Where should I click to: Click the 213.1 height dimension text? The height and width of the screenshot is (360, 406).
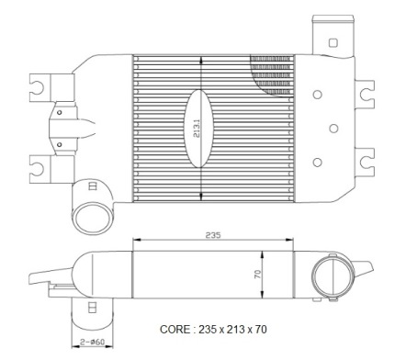tap(197, 128)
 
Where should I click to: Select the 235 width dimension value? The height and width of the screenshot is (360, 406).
tap(213, 235)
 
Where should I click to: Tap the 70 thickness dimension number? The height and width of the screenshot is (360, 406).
tap(258, 274)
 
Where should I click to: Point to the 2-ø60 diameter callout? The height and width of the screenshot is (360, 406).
tap(92, 342)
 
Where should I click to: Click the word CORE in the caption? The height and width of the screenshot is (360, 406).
tap(175, 330)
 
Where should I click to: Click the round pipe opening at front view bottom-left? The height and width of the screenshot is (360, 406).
tap(93, 218)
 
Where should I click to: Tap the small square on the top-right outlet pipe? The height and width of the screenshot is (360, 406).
tap(333, 42)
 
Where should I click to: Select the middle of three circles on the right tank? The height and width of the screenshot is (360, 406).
tap(333, 129)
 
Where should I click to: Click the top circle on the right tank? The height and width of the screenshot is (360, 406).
tap(318, 95)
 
